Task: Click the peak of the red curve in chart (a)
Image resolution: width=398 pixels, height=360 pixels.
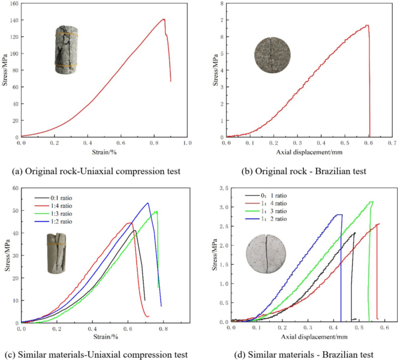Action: tap(164, 19)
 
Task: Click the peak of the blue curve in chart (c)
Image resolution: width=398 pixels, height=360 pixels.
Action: tap(148, 203)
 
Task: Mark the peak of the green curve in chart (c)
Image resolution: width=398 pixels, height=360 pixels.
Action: tap(156, 211)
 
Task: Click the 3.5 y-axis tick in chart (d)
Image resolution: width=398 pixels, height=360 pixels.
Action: tap(223, 189)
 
